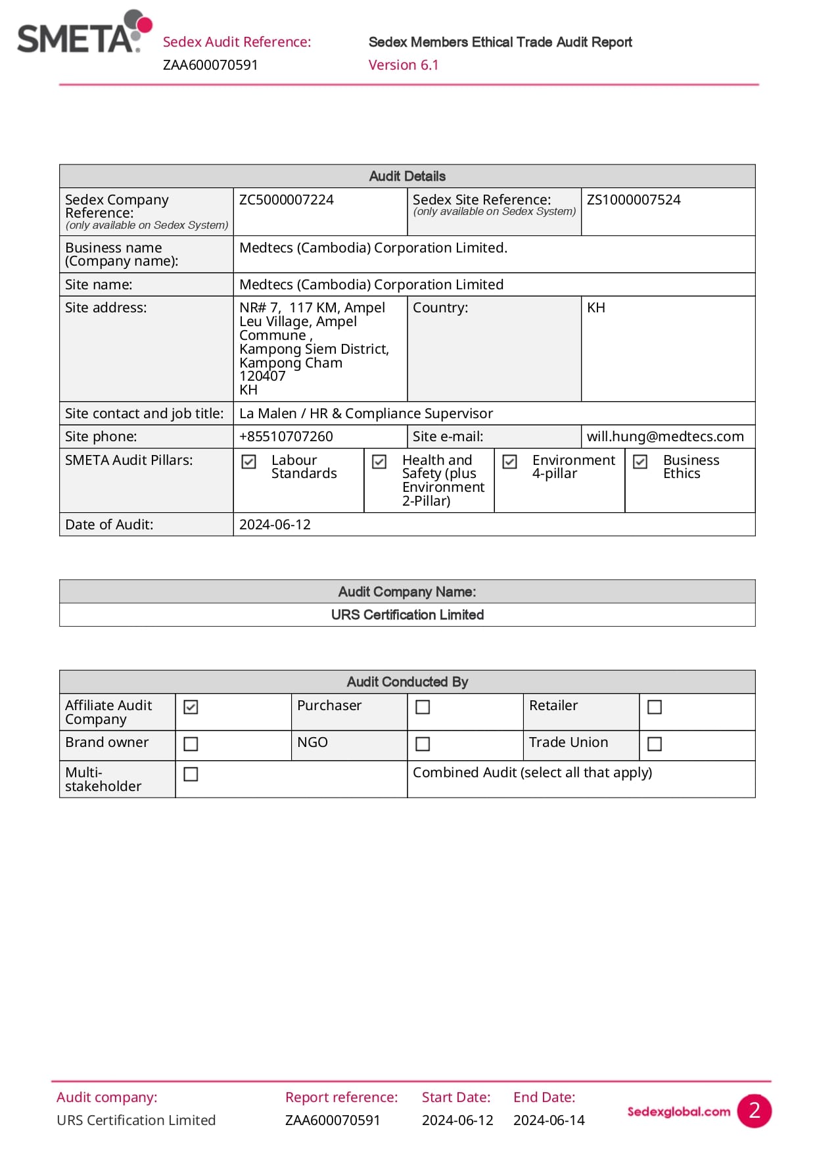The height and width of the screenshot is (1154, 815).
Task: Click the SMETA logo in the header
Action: click(84, 33)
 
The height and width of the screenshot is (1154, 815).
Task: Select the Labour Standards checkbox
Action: click(249, 462)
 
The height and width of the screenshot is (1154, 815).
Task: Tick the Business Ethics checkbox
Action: click(640, 462)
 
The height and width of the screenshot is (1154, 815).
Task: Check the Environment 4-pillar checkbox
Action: click(510, 462)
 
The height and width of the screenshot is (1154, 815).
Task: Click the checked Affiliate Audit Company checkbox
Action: click(191, 707)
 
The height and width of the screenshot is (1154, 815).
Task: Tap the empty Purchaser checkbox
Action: click(423, 707)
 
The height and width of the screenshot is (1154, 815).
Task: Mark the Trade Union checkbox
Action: click(655, 744)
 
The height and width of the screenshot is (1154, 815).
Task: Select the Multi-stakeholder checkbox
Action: click(191, 774)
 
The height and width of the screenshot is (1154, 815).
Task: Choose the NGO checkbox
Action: click(423, 744)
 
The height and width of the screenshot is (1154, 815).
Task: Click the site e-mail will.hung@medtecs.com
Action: click(665, 437)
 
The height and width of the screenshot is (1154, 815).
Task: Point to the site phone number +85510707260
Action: click(286, 437)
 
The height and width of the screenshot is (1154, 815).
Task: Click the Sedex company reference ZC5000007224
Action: click(287, 200)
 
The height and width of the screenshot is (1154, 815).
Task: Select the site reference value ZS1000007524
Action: click(634, 200)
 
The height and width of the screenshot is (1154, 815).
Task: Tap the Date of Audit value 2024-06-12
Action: click(275, 525)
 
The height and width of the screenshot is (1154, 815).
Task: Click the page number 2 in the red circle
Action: click(754, 1111)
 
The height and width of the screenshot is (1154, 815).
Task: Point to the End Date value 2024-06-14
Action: click(549, 1120)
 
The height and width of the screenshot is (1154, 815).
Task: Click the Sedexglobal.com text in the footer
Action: click(678, 1111)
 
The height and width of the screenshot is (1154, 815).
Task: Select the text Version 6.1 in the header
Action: click(404, 65)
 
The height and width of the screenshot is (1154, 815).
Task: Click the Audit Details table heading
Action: click(407, 176)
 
